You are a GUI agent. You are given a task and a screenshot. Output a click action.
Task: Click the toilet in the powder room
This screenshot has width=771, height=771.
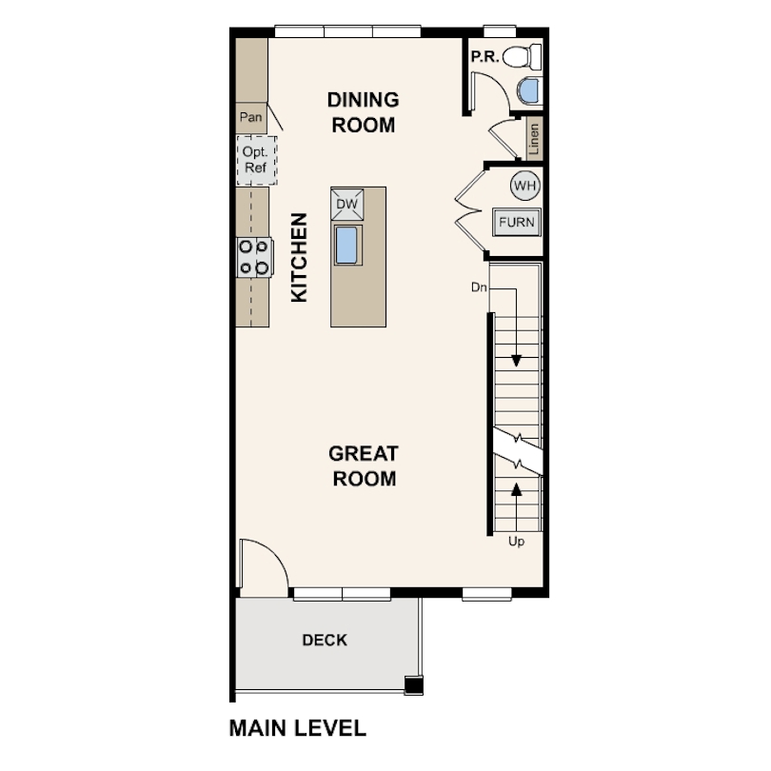523,56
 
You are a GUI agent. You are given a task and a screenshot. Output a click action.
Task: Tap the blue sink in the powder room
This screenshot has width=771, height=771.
529,91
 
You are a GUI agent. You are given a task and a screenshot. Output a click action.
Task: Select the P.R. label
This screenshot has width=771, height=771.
484,57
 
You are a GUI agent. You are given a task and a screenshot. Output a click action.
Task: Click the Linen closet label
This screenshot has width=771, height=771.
534,139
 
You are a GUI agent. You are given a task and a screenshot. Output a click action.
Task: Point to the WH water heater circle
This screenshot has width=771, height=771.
525,186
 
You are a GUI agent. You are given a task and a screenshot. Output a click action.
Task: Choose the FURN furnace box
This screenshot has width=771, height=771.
516,222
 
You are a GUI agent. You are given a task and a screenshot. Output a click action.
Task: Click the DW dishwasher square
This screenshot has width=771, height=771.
347,204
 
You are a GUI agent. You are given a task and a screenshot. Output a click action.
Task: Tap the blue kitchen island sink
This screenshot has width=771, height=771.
347,246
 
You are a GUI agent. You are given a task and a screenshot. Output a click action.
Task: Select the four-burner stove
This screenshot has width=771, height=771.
254,257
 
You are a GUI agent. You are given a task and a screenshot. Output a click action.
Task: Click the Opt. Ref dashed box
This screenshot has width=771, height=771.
256,160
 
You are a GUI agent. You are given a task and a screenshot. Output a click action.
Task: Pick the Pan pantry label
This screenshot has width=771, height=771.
250,117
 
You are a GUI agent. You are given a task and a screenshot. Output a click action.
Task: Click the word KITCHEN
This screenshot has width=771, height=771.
299,257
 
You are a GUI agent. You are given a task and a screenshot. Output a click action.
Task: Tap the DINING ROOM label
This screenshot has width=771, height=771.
364,112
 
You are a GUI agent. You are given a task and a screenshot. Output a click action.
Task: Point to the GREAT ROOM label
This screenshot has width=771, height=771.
364,465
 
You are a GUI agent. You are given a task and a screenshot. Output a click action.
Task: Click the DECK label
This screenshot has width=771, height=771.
325,640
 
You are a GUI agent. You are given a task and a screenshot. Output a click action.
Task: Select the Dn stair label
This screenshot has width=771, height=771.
479,287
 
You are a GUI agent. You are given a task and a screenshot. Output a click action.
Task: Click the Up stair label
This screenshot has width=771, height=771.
516,542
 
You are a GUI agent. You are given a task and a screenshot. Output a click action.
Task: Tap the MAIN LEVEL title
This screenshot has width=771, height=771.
298,728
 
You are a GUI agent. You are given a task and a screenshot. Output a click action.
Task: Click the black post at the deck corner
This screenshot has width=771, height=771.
413,685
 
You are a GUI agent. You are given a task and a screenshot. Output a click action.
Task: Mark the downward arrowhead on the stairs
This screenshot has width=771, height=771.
516,361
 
